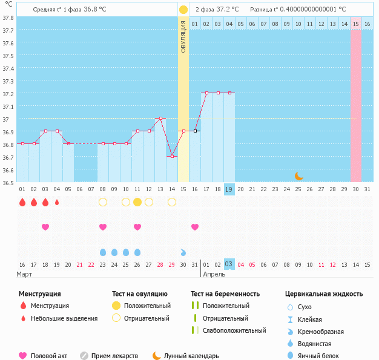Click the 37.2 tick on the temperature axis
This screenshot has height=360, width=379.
(8, 94)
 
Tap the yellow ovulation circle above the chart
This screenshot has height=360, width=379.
(183, 10)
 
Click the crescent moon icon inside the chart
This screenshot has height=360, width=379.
(298, 175)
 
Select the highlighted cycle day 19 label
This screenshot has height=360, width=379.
(229, 189)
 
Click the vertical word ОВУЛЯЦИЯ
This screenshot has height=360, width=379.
(183, 36)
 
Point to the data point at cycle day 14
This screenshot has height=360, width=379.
(172, 156)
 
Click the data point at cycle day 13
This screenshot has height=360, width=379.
(160, 118)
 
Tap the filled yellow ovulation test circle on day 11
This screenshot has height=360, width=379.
(137, 201)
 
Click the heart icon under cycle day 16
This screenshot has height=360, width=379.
(195, 227)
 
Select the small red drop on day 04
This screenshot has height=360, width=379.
(57, 202)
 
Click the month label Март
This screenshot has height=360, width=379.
(25, 274)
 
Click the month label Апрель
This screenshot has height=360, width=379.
(214, 274)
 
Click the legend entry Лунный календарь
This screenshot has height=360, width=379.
(191, 356)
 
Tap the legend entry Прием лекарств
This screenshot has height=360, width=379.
(114, 356)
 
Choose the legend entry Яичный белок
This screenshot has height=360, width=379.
(322, 356)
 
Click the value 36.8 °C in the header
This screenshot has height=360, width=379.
(94, 10)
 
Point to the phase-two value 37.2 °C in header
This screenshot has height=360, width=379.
(228, 10)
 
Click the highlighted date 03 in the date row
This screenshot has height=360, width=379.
(229, 264)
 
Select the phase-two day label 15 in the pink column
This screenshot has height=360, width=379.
(356, 24)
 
